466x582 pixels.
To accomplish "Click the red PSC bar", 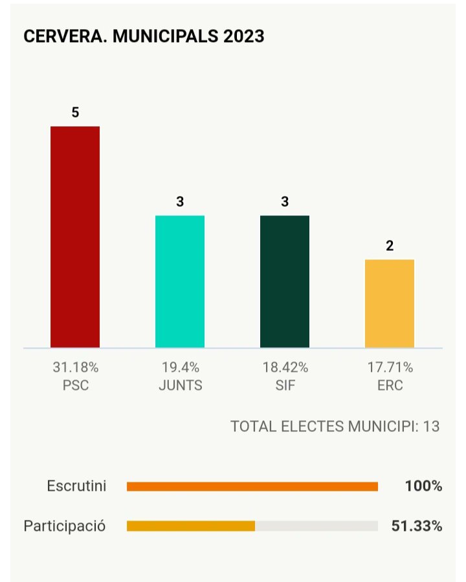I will click(x=75, y=237).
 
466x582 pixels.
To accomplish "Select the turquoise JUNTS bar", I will click(x=180, y=281).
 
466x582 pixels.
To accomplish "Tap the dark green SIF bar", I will click(x=285, y=281).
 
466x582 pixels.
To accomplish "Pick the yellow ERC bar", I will click(x=390, y=303).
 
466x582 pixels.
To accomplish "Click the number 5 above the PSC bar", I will click(x=75, y=113).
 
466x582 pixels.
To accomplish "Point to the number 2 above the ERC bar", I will click(x=390, y=246).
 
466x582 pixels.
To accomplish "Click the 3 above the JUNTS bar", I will click(x=180, y=202).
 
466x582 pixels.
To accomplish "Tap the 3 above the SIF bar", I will click(x=285, y=202).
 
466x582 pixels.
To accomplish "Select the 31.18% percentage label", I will click(x=75, y=368).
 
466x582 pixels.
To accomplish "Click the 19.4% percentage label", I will click(x=180, y=368).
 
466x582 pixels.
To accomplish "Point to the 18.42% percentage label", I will click(x=285, y=368).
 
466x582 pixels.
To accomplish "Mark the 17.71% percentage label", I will click(x=390, y=368).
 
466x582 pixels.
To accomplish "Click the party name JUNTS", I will click(x=180, y=386).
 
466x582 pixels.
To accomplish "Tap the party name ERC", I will click(x=390, y=386).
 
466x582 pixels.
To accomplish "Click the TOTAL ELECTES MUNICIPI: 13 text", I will click(x=335, y=427).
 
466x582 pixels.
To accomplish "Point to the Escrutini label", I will click(x=77, y=486).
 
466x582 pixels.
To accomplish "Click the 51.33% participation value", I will click(x=417, y=526).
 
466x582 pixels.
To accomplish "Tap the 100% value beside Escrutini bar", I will click(x=424, y=486).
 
